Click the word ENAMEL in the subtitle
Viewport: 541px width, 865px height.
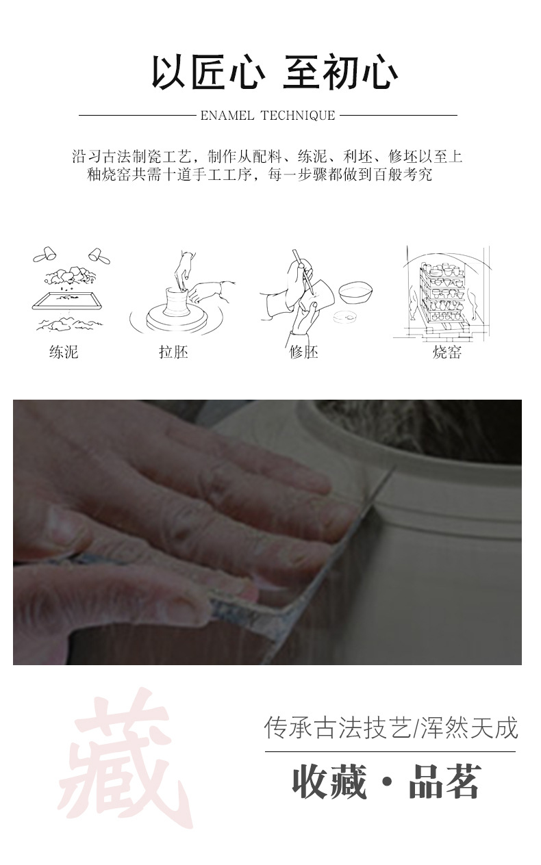coord(227,116)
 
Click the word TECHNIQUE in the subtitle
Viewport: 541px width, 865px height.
coord(298,116)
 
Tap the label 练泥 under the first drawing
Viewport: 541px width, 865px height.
coord(64,352)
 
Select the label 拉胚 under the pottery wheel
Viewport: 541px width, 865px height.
coord(173,352)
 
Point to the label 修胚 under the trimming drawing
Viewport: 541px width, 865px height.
coord(304,352)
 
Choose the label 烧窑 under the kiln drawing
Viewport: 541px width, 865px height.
coord(447,352)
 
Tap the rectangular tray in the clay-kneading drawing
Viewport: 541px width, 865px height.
coord(68,300)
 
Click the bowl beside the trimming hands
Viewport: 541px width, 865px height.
coord(355,292)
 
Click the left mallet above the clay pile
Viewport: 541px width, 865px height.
coord(45,254)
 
